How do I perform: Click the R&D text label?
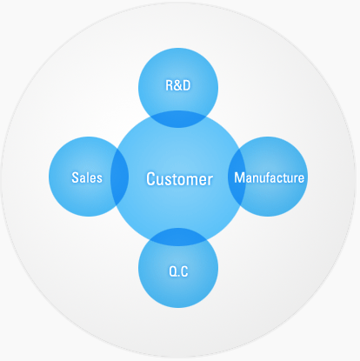[178, 85]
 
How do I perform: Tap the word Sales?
[87, 177]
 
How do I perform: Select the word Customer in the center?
[179, 179]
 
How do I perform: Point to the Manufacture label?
[270, 177]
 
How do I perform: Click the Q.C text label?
[178, 271]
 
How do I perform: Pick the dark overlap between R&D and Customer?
[178, 119]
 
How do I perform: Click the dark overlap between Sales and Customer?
[120, 177]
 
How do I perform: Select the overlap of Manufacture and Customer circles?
[237, 177]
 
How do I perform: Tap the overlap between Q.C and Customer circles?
[178, 237]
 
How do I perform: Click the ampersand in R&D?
[178, 86]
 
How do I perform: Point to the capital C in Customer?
[150, 179]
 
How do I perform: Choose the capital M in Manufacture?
[239, 177]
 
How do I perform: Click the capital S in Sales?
[76, 177]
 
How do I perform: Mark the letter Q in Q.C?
[173, 271]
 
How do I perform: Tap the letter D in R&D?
[187, 86]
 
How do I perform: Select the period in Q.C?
[178, 276]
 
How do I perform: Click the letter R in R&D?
[170, 86]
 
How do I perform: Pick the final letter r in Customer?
[210, 180]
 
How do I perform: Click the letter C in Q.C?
[184, 271]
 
